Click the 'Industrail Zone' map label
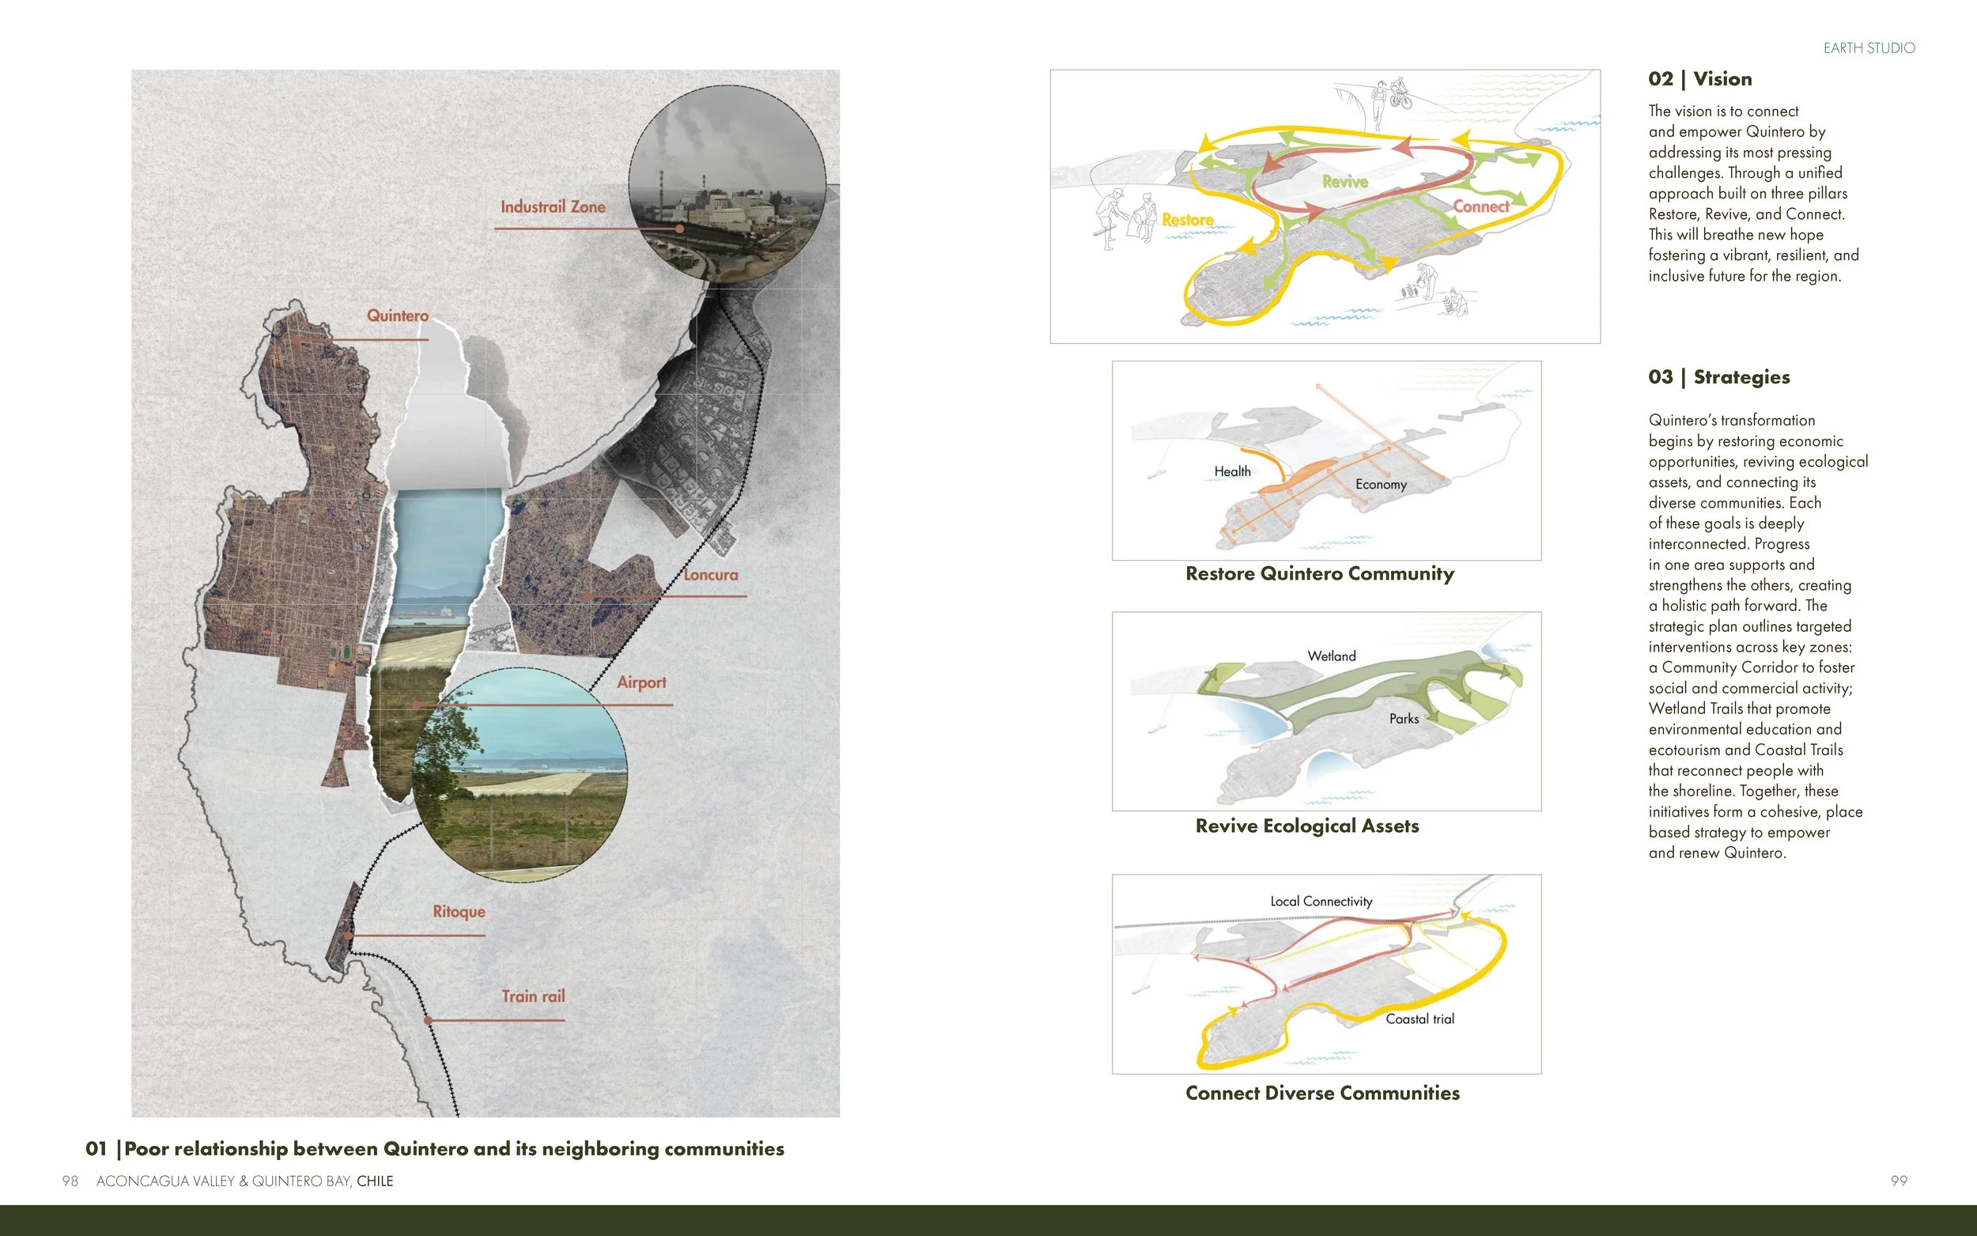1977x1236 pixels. (553, 207)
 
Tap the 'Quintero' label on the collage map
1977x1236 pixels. (397, 316)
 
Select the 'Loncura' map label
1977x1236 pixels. (710, 575)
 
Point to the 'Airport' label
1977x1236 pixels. (641, 682)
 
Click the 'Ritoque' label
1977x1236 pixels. (459, 912)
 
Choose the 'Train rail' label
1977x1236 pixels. (533, 996)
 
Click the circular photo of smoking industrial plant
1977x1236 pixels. (727, 183)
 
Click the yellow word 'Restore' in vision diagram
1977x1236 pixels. (1187, 220)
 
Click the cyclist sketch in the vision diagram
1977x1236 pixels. (1400, 95)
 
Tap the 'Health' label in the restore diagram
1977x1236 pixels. (1231, 471)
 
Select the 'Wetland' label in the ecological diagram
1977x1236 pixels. (1331, 656)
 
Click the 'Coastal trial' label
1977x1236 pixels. (1419, 1019)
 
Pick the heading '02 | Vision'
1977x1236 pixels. (1699, 79)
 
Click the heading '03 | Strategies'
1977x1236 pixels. (1718, 377)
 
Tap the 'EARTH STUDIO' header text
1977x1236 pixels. (1869, 48)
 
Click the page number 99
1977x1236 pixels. (1899, 1181)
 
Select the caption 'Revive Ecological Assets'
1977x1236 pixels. (1306, 826)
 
